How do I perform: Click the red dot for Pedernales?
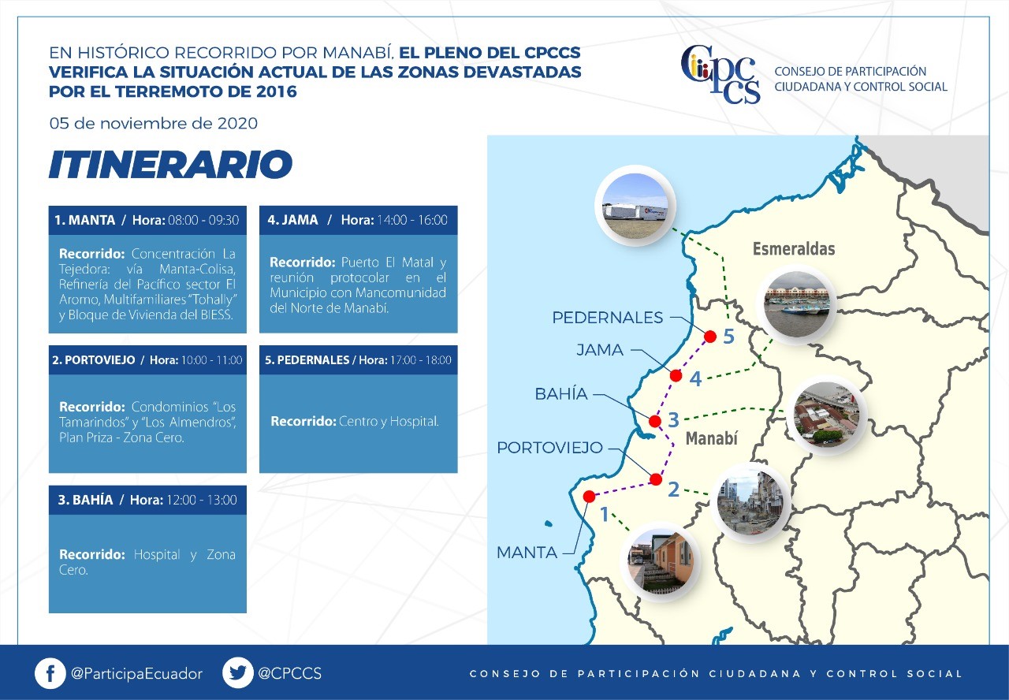tap(710, 337)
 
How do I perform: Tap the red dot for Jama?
tap(676, 375)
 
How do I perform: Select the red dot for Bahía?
tap(655, 421)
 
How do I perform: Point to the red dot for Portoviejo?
tap(656, 479)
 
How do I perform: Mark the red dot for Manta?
tap(589, 496)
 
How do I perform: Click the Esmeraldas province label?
tap(794, 248)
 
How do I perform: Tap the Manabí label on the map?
tap(711, 438)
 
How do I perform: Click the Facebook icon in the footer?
tap(50, 673)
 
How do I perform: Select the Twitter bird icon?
tap(238, 673)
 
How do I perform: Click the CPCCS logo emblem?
tap(720, 74)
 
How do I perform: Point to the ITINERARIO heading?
tap(171, 164)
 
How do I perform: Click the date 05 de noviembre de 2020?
tap(154, 124)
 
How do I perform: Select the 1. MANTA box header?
tap(147, 220)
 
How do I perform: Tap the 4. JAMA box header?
tap(358, 220)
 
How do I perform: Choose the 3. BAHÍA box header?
tap(147, 500)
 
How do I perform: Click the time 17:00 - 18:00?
tap(421, 360)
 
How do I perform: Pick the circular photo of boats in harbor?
tap(797, 304)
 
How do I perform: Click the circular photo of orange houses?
tap(661, 560)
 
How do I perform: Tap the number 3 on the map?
tap(673, 420)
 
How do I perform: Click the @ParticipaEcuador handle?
tap(136, 674)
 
